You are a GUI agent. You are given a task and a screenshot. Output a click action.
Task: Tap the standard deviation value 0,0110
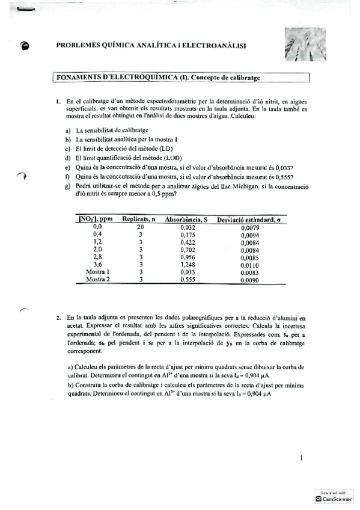[x=249, y=265]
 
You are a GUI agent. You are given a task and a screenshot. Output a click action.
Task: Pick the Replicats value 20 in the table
[x=139, y=227]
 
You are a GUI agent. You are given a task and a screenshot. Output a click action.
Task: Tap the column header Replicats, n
[x=139, y=220]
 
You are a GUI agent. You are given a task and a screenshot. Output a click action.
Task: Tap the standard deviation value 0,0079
[x=249, y=228]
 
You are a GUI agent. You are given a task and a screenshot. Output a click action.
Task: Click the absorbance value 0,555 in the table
[x=189, y=280]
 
